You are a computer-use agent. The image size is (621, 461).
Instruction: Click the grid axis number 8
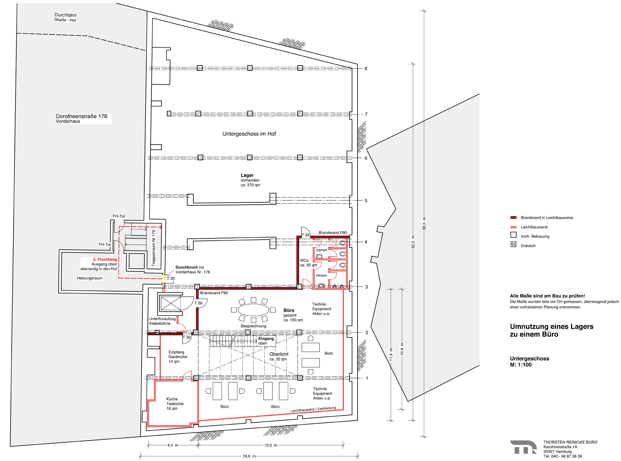366,69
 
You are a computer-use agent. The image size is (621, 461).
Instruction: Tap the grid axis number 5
366,200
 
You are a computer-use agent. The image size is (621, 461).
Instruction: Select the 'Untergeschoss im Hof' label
249,134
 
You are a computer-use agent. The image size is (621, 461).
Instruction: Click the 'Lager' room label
247,175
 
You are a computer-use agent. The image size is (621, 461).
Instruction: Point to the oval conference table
253,310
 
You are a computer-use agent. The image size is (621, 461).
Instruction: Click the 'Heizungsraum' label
90,278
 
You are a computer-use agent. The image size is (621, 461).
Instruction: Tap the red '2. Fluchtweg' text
105,259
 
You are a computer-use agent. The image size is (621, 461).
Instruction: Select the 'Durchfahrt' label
65,15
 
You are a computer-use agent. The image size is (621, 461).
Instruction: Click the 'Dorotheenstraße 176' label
82,116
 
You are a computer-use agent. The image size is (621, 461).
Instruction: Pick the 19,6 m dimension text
249,456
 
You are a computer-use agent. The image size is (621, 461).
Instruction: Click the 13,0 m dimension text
271,445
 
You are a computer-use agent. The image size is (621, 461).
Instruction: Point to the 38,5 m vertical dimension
424,223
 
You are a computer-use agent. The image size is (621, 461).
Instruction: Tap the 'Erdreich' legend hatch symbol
513,244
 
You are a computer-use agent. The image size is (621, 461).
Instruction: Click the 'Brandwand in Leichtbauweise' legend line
513,218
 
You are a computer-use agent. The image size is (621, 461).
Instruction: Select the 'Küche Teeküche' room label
175,401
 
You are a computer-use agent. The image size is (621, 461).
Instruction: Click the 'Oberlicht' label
279,354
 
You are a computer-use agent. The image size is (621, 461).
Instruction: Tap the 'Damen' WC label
321,250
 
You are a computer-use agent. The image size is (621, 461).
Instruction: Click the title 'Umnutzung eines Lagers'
552,326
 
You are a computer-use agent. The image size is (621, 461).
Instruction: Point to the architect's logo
523,447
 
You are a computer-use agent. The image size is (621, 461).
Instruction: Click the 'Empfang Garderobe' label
178,354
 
